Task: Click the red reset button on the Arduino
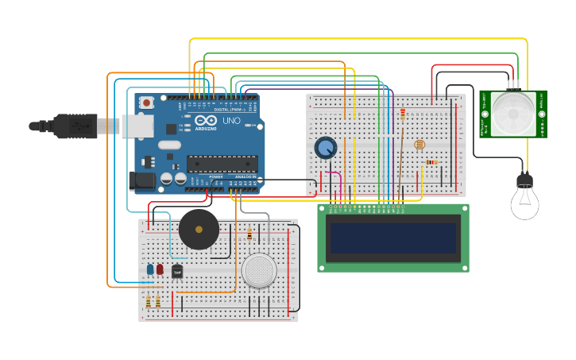[147, 103]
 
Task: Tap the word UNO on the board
[231, 121]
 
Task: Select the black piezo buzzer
[199, 229]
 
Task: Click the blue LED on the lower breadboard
[150, 269]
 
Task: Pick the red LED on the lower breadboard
[160, 269]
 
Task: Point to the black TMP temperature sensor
[177, 272]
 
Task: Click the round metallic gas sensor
[259, 270]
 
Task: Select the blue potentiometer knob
[325, 147]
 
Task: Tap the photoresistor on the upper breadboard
[419, 145]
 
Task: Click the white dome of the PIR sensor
[512, 112]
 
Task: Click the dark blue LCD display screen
[393, 238]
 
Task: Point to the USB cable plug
[75, 125]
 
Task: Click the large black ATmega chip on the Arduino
[222, 164]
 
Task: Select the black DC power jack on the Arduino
[143, 180]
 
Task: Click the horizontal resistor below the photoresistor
[431, 162]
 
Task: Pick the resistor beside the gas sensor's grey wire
[249, 234]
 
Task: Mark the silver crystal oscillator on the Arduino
[170, 145]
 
